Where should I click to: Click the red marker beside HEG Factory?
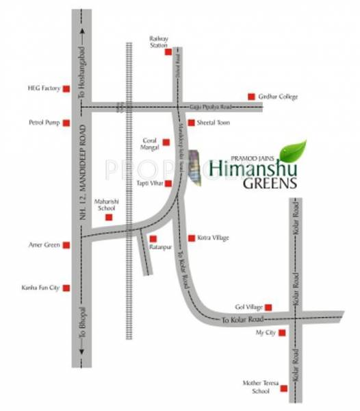coord(66,88)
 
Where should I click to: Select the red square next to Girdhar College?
coord(251,97)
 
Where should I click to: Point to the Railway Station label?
coord(158,42)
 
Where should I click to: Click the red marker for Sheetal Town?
coord(191,123)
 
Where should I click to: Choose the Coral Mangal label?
coord(149,142)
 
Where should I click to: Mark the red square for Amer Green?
coord(66,245)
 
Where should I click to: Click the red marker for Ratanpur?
coord(153,238)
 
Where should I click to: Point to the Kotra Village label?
coord(213,238)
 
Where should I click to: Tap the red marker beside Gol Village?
coord(270,307)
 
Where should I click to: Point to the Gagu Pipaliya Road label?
coord(211,107)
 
